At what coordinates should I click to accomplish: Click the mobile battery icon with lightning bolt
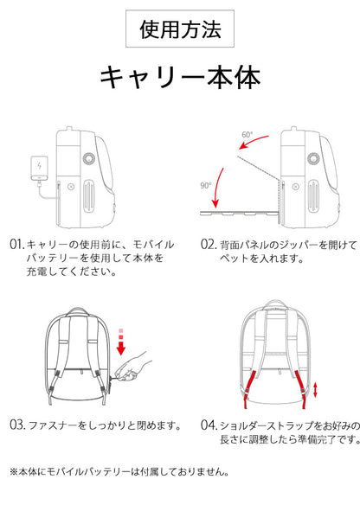[39, 167]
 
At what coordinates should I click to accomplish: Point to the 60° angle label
[247, 135]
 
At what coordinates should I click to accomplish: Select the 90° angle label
[206, 185]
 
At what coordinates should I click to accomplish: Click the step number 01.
[17, 245]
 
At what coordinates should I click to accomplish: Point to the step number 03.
[17, 425]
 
